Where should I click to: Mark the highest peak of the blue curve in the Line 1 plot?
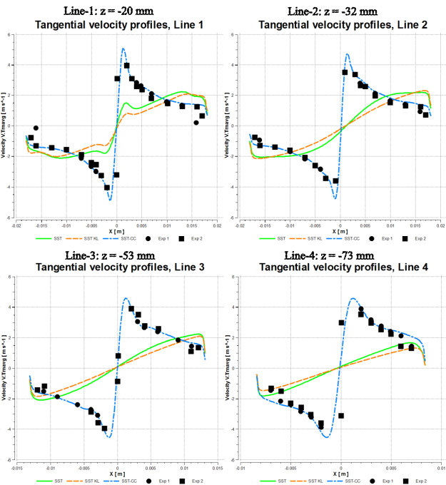click(x=123, y=48)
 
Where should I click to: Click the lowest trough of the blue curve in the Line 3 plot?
click(x=109, y=436)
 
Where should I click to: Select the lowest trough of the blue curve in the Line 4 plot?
click(x=328, y=436)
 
